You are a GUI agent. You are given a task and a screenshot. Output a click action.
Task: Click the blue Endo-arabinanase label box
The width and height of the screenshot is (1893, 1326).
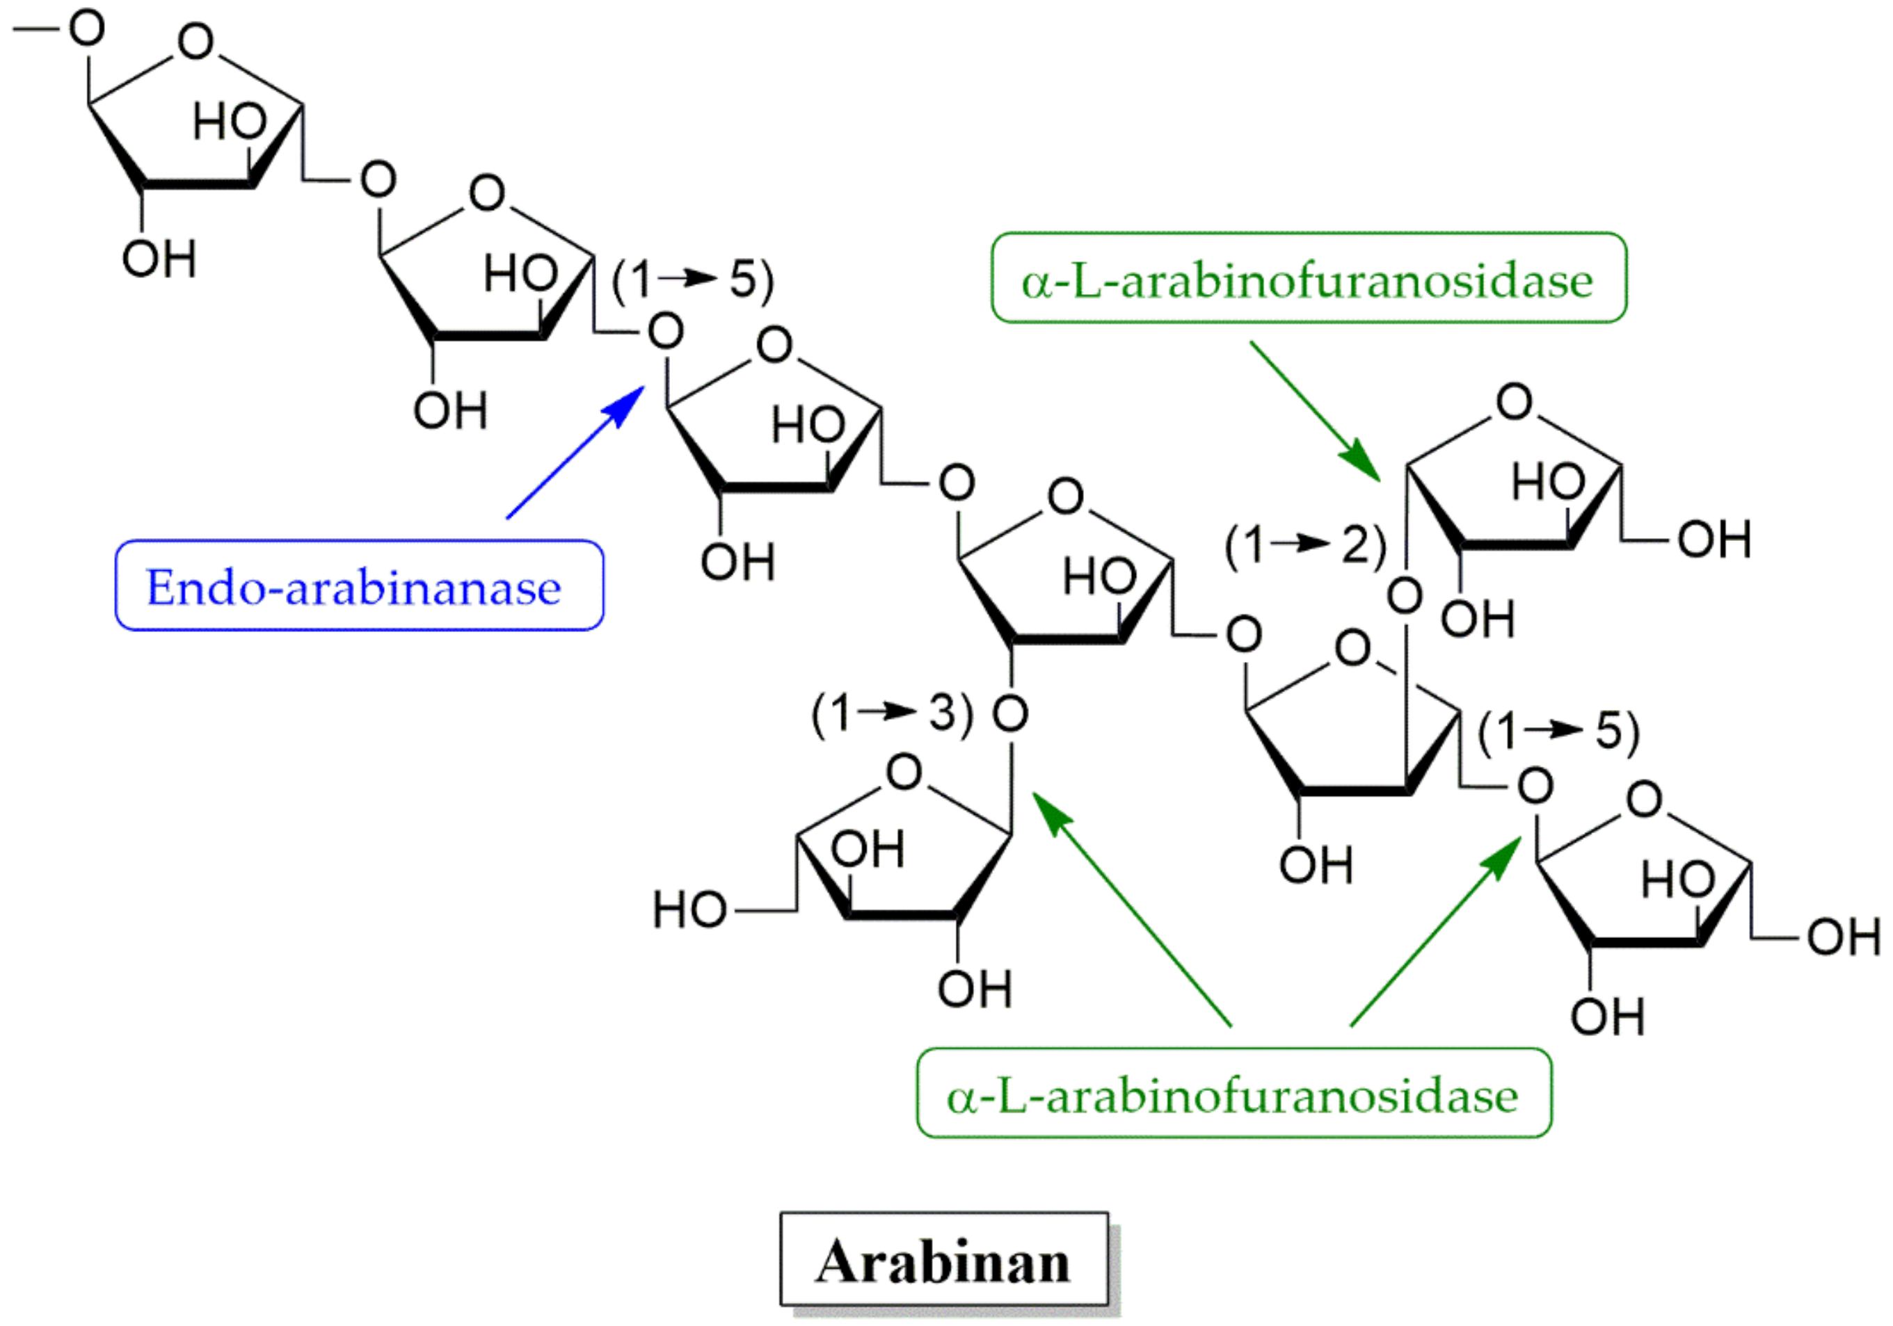pos(359,586)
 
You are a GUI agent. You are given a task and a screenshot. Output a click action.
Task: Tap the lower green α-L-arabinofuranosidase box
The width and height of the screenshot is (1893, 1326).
pos(1234,1094)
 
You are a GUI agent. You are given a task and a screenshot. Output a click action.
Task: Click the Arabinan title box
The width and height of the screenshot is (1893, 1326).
pos(944,1259)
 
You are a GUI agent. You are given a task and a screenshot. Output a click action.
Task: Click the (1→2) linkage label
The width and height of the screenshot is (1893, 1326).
pos(1305,544)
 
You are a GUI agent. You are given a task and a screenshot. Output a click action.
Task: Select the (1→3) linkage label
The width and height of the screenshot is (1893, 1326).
pos(893,713)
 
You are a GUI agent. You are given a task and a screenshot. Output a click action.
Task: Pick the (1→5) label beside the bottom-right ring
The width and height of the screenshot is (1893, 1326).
pos(1558,730)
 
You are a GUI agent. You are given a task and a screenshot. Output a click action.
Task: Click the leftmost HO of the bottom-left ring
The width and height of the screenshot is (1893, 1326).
pos(689,909)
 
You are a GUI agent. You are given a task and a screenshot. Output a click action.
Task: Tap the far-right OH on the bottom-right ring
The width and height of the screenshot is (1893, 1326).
pos(1844,937)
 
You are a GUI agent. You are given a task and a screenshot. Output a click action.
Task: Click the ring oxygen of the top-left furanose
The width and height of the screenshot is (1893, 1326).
pos(196,41)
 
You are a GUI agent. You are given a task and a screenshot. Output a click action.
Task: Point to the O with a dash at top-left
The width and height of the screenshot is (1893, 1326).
pos(86,28)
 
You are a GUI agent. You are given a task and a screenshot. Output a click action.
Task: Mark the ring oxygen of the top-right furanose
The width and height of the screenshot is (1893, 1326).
pos(1514,402)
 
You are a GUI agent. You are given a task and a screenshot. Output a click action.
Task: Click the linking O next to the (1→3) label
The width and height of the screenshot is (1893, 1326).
pos(1010,713)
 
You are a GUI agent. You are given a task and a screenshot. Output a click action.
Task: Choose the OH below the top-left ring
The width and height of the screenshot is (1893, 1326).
pos(159,258)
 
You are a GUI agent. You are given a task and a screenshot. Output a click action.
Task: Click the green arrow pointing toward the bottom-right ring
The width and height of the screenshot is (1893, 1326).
pos(1435,931)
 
